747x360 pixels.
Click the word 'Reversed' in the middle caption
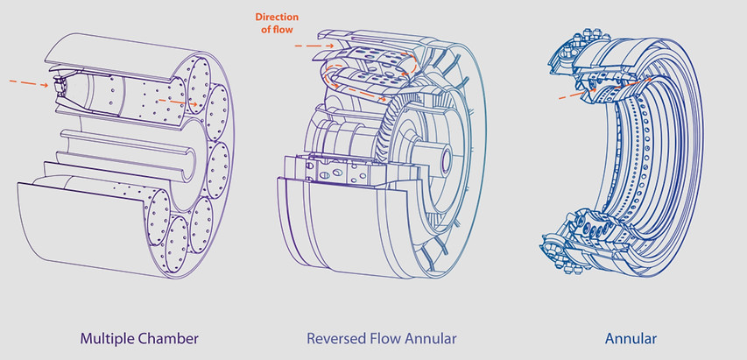[x=334, y=337]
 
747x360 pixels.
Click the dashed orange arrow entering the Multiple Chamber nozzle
[x=30, y=83]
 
